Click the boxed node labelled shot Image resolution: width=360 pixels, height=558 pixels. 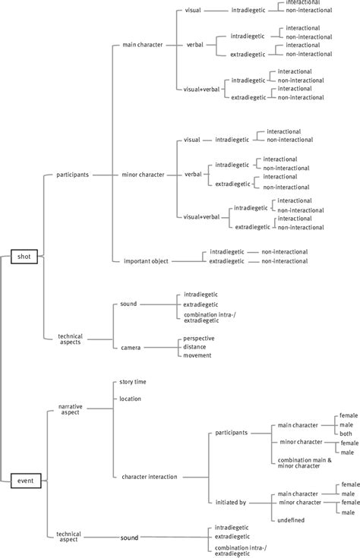click(24, 257)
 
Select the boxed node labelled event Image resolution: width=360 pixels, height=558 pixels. click(24, 479)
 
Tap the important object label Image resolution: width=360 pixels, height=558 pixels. click(146, 261)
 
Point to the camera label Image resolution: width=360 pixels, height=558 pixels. click(131, 347)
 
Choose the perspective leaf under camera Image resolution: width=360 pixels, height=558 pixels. click(199, 338)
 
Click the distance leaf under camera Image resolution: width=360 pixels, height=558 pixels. click(196, 347)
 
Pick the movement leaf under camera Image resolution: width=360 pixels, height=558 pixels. click(197, 355)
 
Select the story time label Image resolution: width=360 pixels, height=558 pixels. click(134, 382)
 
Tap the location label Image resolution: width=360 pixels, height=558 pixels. click(131, 399)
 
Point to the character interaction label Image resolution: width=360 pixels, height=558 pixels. click(149, 477)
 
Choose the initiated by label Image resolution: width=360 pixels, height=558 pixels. click(231, 502)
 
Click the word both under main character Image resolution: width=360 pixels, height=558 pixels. click(346, 433)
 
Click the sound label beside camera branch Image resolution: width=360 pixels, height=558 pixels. click(128, 304)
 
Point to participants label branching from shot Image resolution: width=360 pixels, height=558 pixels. click(73, 175)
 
